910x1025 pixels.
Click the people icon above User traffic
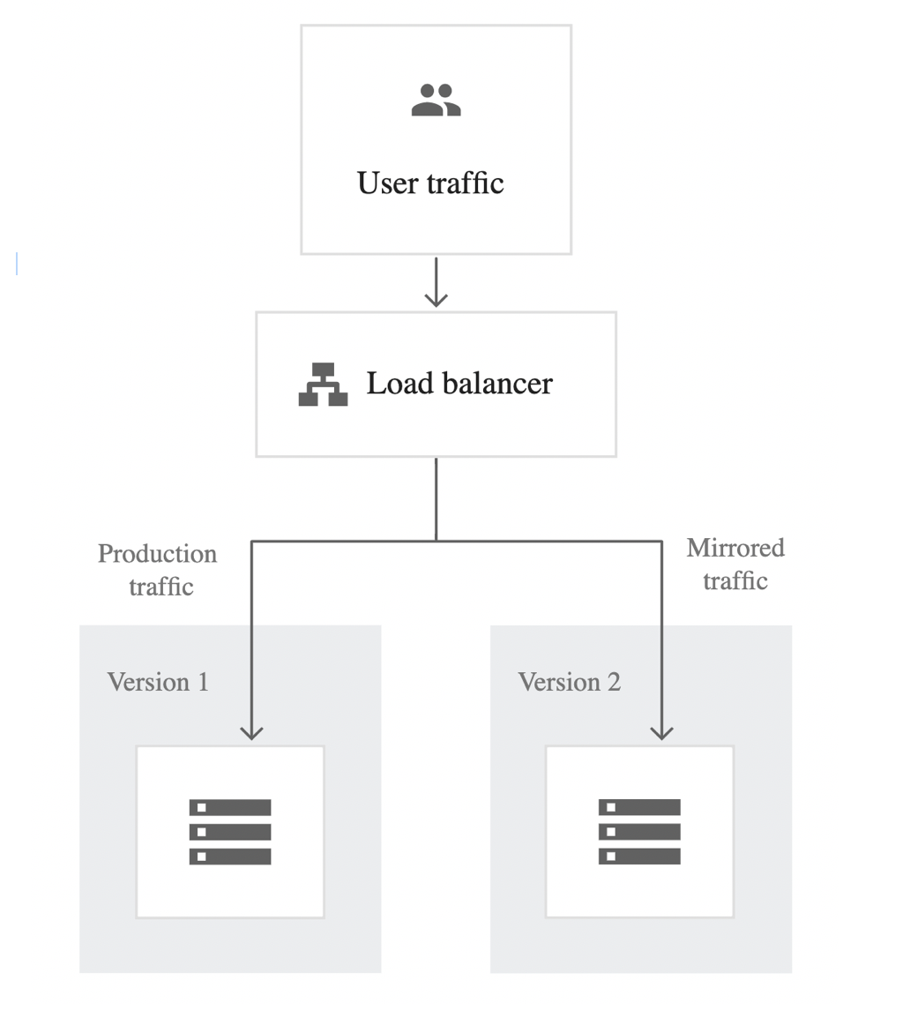point(436,100)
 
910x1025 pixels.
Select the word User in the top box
point(387,183)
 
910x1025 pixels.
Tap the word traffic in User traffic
point(465,183)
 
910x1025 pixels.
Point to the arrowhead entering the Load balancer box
point(436,299)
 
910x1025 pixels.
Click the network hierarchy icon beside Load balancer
point(323,385)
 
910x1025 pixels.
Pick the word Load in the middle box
point(399,383)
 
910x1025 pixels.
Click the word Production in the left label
point(158,554)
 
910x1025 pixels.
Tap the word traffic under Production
point(161,587)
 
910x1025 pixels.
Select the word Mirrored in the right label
point(735,548)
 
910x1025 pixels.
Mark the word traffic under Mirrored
point(735,580)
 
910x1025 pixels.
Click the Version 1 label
point(158,682)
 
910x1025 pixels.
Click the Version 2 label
point(570,682)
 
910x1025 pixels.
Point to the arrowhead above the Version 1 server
point(251,732)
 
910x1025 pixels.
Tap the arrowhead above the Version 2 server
point(661,732)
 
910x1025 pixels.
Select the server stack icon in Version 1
point(230,832)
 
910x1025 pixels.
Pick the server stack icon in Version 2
point(639,832)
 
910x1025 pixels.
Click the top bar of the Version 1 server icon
point(230,807)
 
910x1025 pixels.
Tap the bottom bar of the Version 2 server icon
point(639,857)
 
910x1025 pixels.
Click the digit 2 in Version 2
point(614,682)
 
